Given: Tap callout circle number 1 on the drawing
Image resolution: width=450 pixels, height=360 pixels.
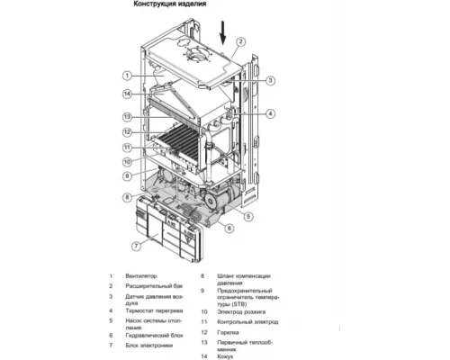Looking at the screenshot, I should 128,76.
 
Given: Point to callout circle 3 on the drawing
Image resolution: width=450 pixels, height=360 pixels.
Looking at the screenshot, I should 269,81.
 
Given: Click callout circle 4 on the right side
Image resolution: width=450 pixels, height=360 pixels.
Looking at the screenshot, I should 269,113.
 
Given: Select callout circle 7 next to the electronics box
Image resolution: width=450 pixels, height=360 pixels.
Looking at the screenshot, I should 136,245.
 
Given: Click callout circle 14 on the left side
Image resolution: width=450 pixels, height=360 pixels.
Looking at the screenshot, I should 128,94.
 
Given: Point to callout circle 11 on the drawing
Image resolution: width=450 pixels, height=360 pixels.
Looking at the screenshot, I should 128,147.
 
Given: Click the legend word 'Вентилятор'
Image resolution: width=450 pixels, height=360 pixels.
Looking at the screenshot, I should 143,276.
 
